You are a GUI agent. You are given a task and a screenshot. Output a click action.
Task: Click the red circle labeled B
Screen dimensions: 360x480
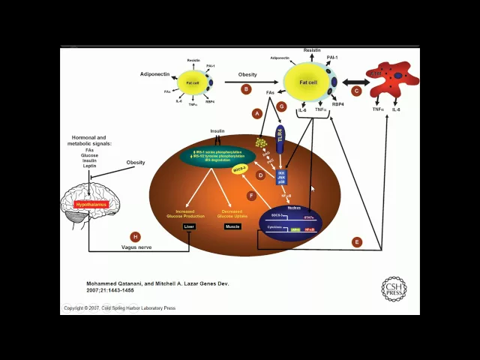click(x=246, y=89)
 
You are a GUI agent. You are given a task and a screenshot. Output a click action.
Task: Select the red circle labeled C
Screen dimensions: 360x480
click(x=356, y=91)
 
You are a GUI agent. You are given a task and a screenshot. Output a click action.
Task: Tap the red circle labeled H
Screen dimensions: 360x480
click(x=136, y=237)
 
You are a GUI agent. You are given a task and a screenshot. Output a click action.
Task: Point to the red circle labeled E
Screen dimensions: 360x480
click(x=356, y=241)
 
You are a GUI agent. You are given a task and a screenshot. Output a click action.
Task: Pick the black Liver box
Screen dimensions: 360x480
click(x=189, y=226)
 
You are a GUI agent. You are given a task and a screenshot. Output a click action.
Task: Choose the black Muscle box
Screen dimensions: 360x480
click(x=232, y=226)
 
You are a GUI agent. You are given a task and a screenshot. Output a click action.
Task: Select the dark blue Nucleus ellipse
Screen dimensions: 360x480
click(x=290, y=220)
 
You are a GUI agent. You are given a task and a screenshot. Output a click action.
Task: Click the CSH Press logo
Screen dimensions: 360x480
click(x=394, y=289)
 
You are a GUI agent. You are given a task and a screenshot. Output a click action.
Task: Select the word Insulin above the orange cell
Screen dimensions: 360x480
click(x=217, y=130)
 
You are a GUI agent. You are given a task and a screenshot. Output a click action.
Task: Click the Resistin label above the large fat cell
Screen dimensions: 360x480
click(x=312, y=50)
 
